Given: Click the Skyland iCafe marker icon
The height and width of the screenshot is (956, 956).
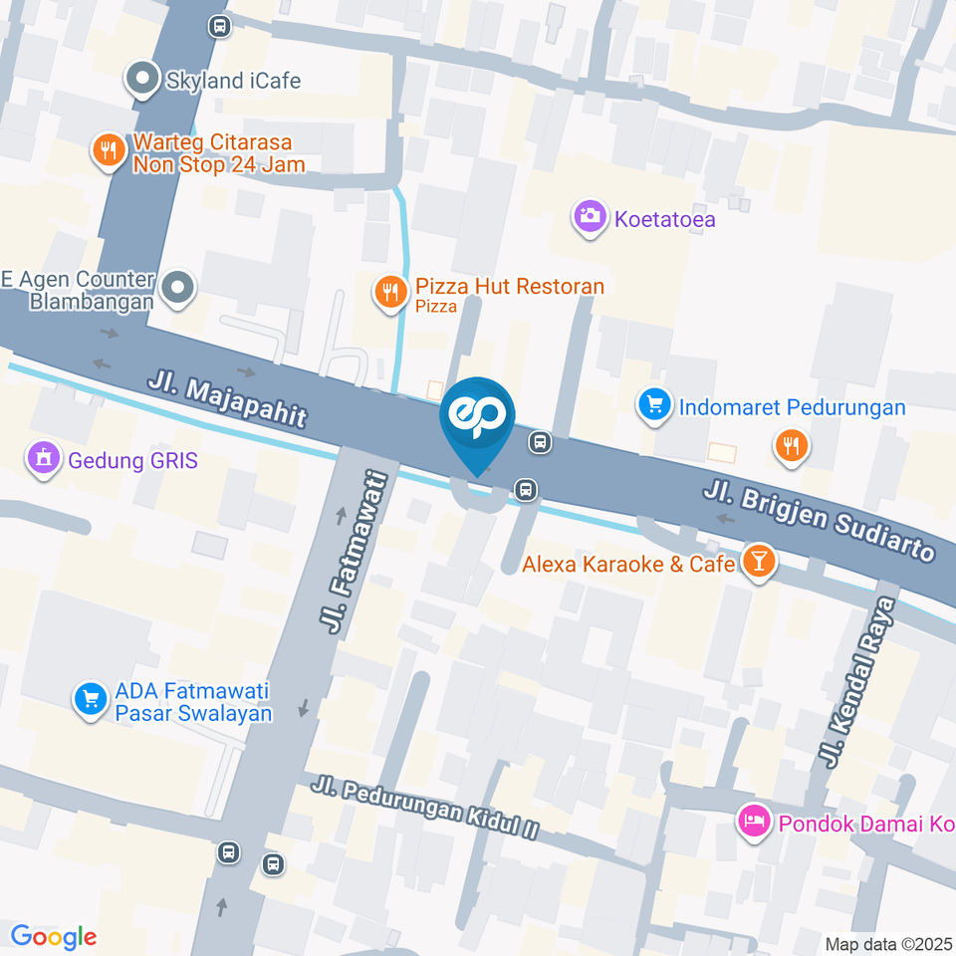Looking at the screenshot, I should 143,79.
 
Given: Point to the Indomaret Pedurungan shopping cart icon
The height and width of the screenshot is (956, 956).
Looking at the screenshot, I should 654,404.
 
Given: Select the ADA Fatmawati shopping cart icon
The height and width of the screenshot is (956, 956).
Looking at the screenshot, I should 91,699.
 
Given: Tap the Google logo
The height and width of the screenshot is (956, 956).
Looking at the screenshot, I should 54,936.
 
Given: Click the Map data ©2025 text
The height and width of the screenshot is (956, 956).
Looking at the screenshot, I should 888,943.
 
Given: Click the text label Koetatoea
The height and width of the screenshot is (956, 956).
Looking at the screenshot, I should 664,220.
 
